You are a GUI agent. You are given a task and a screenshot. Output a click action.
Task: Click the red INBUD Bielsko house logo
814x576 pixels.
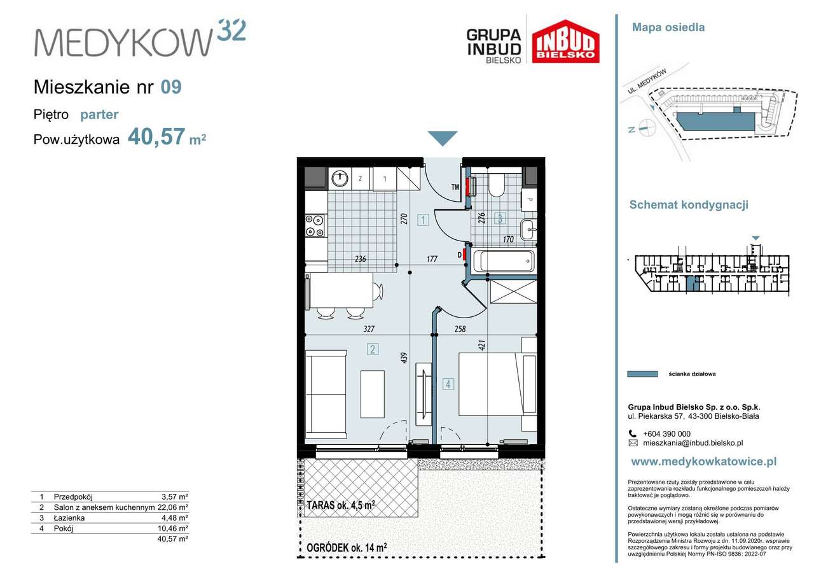click(x=565, y=41)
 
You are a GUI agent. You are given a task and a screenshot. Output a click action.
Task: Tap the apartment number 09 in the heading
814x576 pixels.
click(x=171, y=87)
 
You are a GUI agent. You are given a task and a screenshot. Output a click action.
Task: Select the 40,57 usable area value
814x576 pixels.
click(x=156, y=137)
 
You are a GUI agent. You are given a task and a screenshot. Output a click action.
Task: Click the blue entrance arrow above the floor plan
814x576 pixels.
click(x=442, y=138)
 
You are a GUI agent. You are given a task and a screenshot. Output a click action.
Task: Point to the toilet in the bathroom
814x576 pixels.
click(x=496, y=185)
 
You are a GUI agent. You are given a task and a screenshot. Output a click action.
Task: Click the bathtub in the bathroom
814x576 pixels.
click(x=504, y=261)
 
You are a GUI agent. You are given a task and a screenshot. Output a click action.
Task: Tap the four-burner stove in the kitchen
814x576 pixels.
click(x=315, y=226)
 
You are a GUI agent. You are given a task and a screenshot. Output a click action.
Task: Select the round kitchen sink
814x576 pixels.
click(x=340, y=179)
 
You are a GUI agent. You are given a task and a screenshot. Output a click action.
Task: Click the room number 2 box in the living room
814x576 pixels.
click(x=373, y=349)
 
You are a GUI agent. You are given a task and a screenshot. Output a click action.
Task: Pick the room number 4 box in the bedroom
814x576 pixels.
click(x=448, y=384)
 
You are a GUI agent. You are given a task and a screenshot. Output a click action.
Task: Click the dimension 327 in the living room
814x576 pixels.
click(x=369, y=329)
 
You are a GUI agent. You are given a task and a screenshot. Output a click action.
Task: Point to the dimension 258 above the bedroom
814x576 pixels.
click(x=460, y=329)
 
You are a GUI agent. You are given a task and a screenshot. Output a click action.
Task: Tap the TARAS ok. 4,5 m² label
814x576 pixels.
click(x=341, y=505)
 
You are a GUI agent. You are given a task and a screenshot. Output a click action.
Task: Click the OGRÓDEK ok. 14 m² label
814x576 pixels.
click(x=347, y=547)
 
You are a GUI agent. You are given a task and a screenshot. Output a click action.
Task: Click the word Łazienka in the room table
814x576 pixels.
click(x=69, y=518)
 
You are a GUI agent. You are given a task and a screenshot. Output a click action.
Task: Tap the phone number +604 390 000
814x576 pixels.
click(x=667, y=434)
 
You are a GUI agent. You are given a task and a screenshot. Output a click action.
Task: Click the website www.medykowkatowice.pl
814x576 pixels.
click(x=704, y=462)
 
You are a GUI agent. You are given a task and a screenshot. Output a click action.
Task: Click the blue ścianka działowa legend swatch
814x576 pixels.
click(x=642, y=374)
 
